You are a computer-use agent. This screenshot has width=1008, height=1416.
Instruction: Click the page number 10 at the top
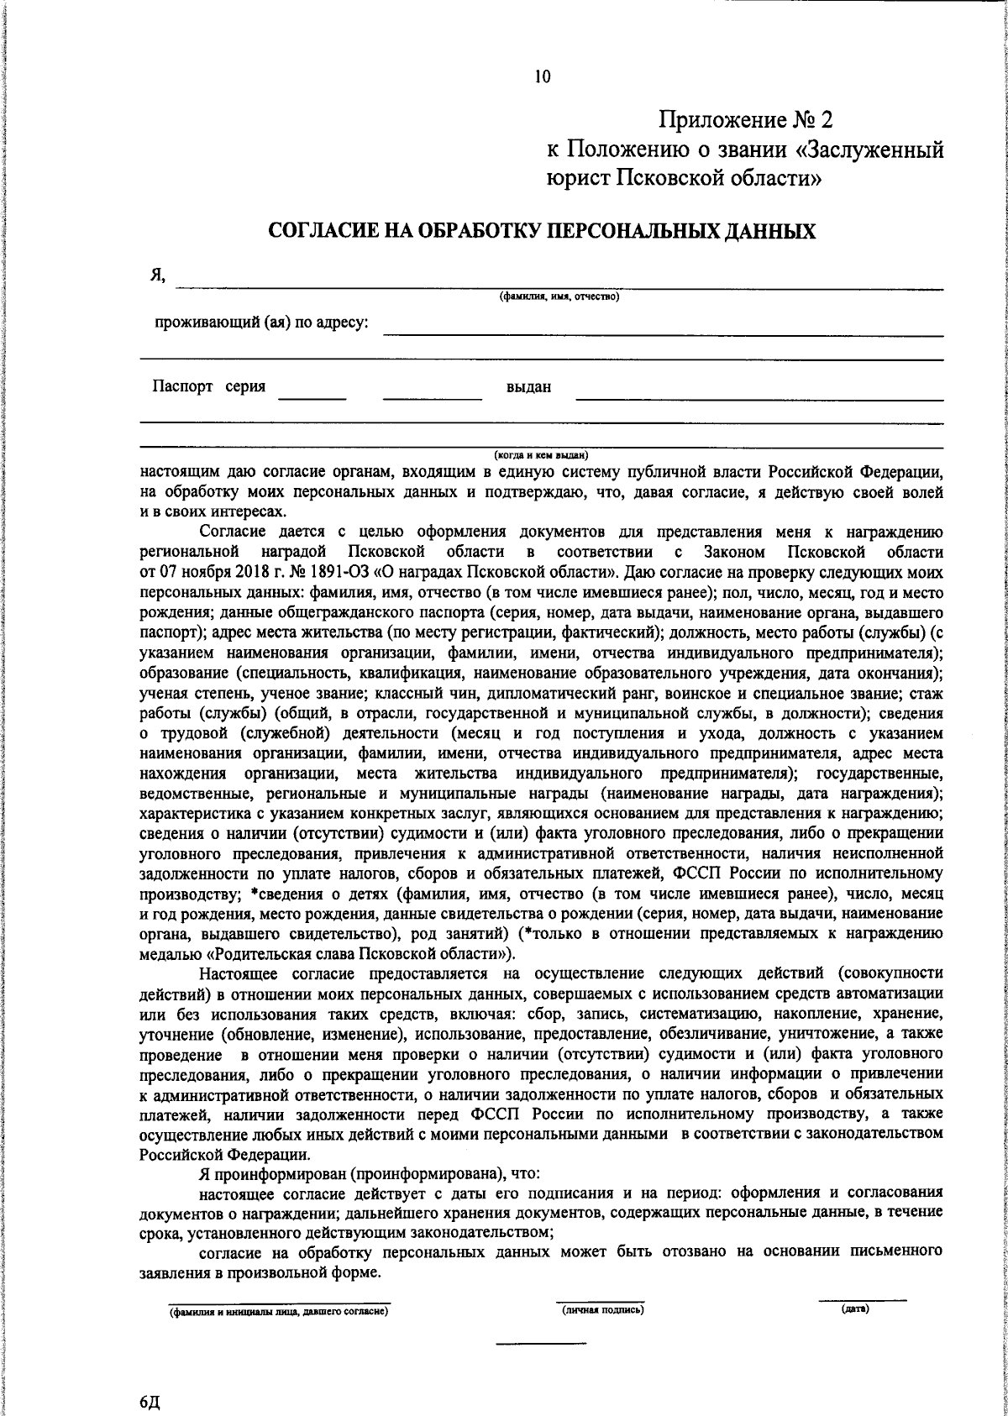click(543, 77)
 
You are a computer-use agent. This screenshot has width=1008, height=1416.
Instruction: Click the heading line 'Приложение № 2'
click(744, 121)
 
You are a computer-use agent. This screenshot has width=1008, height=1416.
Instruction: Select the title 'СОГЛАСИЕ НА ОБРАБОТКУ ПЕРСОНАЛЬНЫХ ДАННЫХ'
click(542, 231)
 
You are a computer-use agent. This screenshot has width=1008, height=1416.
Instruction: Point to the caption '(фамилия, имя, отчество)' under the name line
click(559, 296)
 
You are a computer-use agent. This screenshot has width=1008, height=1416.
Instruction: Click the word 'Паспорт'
click(181, 386)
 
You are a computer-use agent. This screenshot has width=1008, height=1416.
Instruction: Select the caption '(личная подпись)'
click(602, 1309)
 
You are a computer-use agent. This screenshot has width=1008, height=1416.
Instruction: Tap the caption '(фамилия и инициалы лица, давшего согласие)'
click(278, 1311)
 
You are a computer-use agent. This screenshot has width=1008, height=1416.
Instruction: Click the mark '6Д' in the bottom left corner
click(150, 1403)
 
